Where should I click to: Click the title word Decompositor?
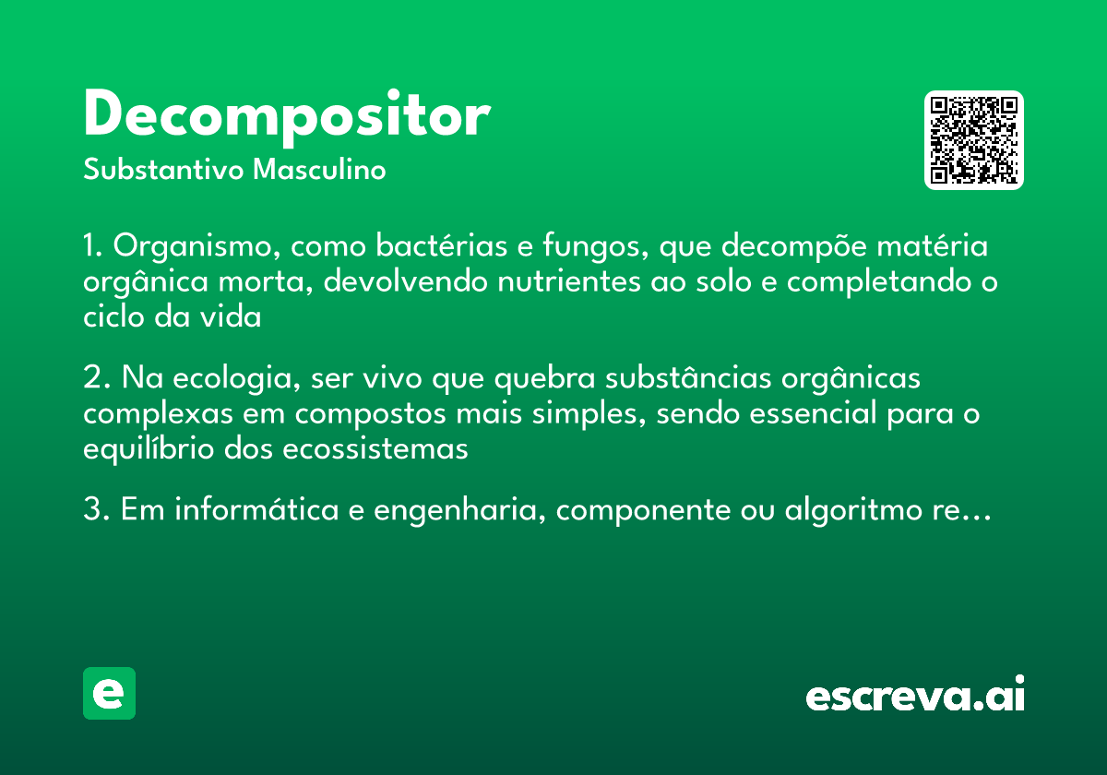[286, 116]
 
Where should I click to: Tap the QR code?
[974, 140]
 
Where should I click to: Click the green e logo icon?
[109, 693]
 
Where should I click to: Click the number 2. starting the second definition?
[96, 379]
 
